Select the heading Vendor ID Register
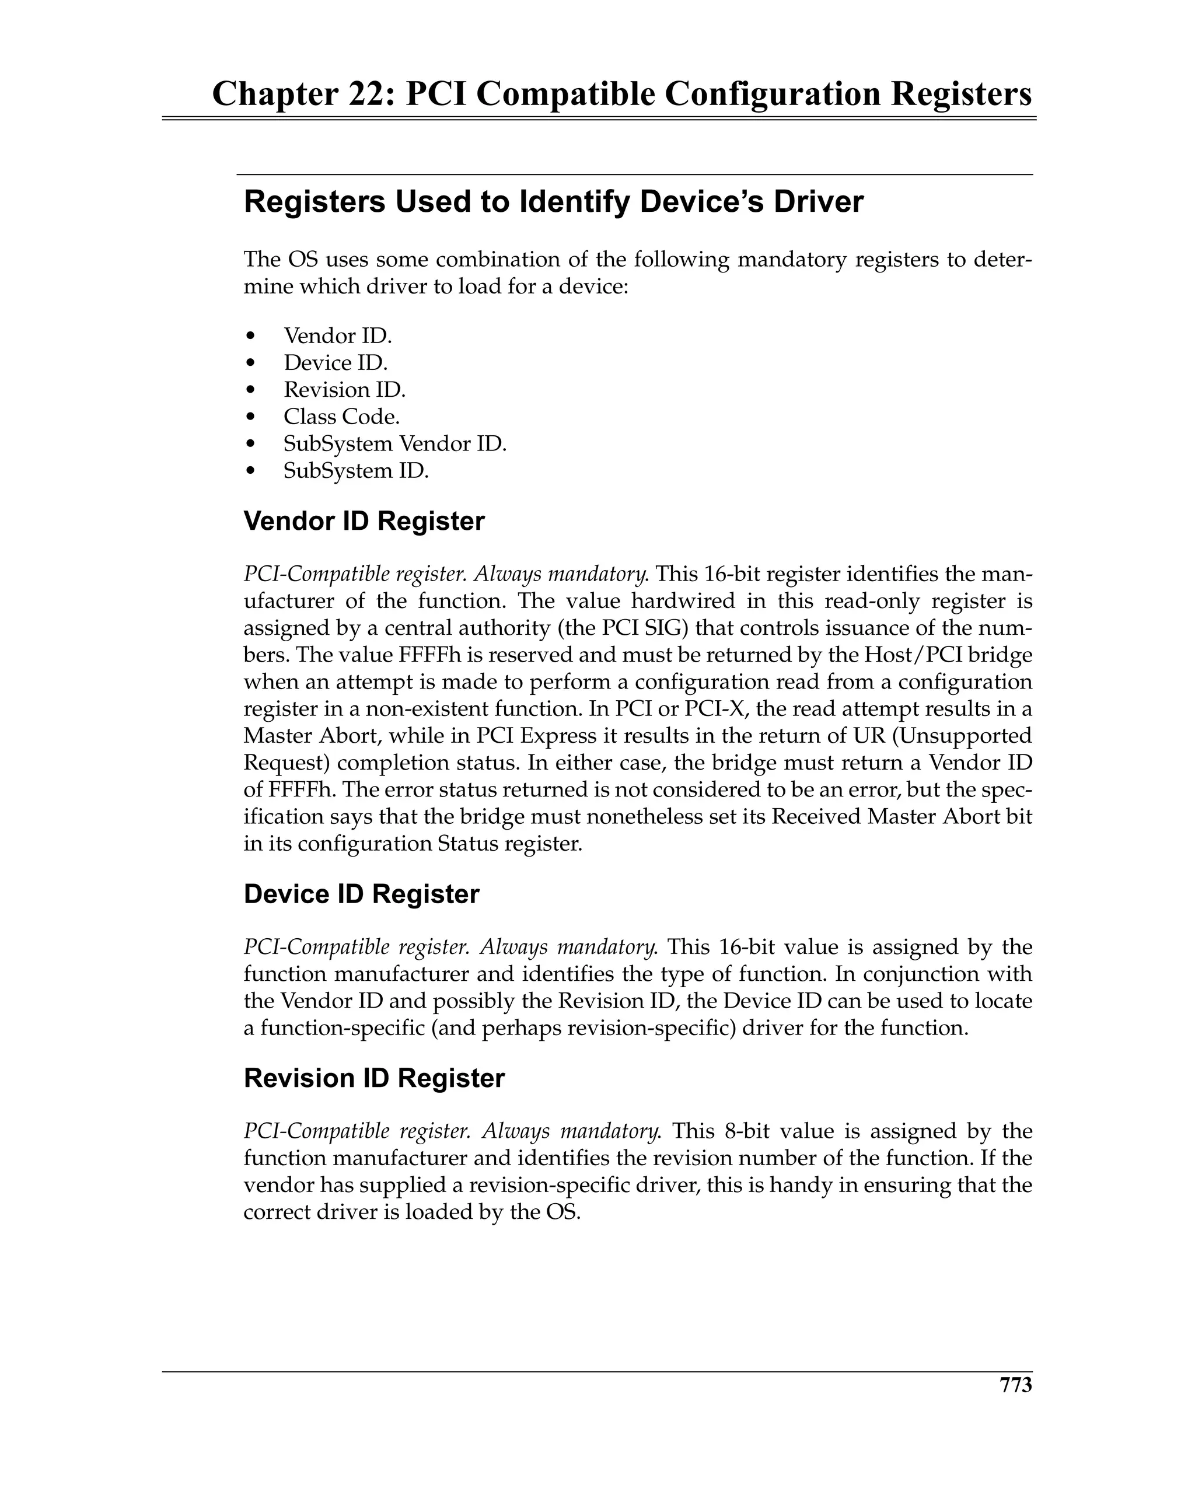click(x=364, y=521)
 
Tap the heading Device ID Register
click(x=361, y=894)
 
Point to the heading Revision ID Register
click(x=374, y=1078)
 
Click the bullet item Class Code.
click(x=341, y=417)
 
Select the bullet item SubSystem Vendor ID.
click(x=395, y=443)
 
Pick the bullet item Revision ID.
click(x=344, y=390)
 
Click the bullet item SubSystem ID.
click(x=356, y=470)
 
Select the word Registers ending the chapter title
click(x=962, y=95)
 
